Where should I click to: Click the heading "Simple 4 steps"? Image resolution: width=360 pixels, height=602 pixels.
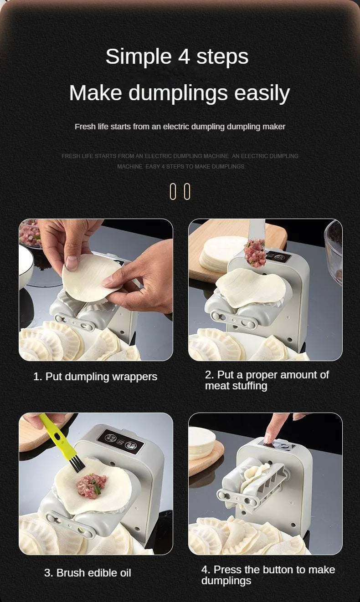[x=177, y=56]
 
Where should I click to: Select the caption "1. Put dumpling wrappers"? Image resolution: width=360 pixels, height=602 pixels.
[x=95, y=377]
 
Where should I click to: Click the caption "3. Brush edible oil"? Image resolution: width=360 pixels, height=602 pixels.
[x=87, y=573]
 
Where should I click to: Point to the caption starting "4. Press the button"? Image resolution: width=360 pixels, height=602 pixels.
[x=268, y=575]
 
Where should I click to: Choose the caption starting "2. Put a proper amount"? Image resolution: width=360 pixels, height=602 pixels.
[x=267, y=380]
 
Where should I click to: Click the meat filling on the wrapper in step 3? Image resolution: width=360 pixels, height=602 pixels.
[x=91, y=485]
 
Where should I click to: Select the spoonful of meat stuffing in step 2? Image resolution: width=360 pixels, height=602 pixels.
[x=255, y=253]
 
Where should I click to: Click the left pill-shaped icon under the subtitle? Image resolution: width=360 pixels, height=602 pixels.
[x=173, y=191]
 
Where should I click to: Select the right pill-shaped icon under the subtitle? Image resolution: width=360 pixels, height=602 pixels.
[x=187, y=191]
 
